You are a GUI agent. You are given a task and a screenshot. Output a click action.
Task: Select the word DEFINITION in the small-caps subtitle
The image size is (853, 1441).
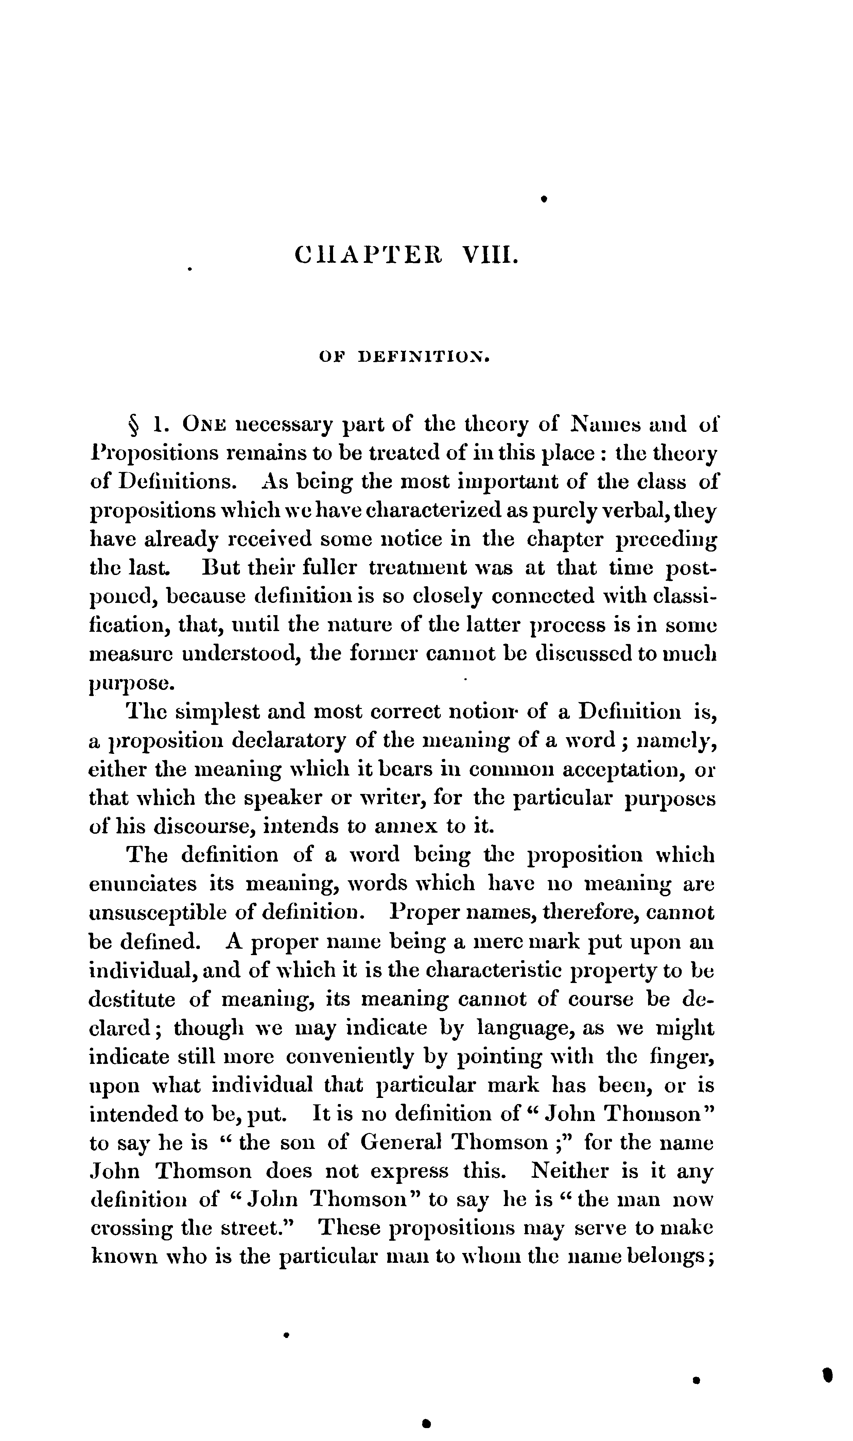(424, 358)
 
